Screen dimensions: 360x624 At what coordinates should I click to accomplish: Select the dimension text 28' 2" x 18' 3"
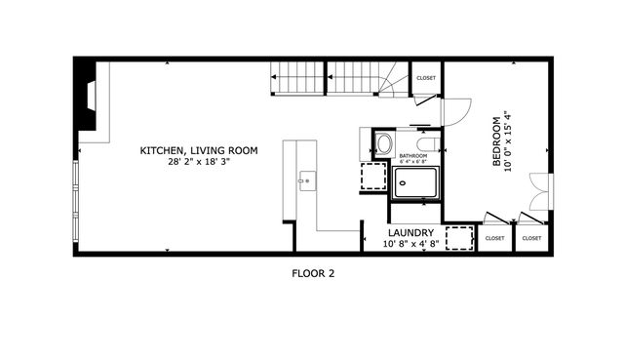198,162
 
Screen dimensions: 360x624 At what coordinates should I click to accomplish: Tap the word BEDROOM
496,141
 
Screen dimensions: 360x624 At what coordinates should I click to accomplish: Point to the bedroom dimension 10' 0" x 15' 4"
508,141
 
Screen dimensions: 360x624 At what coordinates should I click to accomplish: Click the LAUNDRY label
409,232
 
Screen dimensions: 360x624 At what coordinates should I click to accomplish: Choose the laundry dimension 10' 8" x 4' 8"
409,243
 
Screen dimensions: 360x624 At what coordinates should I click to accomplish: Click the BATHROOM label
413,155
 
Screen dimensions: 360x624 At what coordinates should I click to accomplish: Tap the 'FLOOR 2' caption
313,274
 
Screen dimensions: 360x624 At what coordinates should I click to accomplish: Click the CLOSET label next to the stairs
426,78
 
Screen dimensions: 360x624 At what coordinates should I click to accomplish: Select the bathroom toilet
380,144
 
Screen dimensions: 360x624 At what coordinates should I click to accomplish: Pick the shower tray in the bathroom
416,181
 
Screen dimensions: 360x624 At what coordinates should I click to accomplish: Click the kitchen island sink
306,180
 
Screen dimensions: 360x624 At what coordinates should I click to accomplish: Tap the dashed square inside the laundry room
459,239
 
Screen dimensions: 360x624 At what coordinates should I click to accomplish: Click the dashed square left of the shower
373,177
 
